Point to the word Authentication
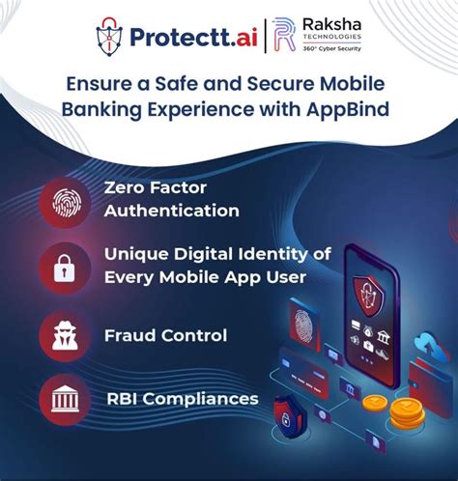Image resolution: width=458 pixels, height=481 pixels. point(170,211)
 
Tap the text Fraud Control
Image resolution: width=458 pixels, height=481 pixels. point(166,336)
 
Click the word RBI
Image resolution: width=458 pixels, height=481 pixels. point(127,397)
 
